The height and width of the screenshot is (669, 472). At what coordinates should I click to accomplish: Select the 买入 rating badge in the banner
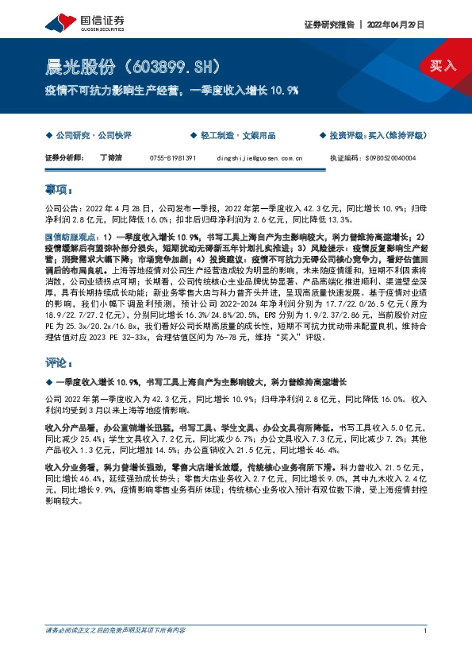[x=443, y=66]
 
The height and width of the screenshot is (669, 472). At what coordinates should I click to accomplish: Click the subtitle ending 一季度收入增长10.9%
[x=172, y=90]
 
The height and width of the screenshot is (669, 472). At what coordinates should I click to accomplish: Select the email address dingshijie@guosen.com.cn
[x=259, y=158]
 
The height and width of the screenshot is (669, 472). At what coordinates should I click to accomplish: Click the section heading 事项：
[x=59, y=191]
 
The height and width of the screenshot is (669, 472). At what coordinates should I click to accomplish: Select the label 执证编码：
[x=344, y=158]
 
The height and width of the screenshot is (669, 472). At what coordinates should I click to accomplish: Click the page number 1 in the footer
[x=426, y=631]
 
